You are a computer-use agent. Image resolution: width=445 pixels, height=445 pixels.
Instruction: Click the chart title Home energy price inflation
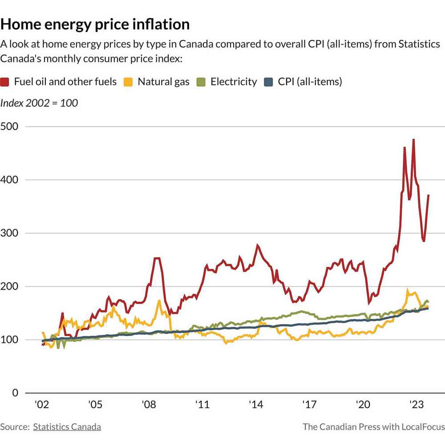point(95,24)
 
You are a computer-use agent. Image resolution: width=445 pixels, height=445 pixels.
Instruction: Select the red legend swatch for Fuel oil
point(6,82)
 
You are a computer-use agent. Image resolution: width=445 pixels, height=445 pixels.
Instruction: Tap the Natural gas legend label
point(163,82)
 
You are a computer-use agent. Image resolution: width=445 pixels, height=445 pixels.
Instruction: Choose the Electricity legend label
point(234,82)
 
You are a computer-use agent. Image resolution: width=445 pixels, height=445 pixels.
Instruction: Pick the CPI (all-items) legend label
point(310,82)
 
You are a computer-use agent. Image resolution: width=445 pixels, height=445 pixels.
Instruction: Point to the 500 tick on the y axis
point(9,126)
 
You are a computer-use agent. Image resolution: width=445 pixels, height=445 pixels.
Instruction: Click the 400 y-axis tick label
point(9,180)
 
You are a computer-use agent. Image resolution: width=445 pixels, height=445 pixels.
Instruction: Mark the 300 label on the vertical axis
point(9,233)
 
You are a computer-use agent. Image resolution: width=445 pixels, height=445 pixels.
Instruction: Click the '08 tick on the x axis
point(149,405)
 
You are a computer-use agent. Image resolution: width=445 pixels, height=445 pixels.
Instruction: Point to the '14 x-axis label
point(255,405)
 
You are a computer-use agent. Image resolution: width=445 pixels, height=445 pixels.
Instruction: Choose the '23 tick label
point(416,405)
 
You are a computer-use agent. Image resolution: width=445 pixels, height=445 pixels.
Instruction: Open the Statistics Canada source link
point(67,427)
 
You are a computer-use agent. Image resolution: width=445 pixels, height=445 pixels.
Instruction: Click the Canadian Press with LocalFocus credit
point(374,427)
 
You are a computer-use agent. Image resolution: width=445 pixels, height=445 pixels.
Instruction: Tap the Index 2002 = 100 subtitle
point(39,103)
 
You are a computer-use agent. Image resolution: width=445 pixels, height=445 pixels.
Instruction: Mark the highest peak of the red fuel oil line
point(413,140)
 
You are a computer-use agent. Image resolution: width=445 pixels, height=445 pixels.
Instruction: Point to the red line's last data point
point(429,195)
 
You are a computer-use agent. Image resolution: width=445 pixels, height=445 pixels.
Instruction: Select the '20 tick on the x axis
point(362,405)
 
